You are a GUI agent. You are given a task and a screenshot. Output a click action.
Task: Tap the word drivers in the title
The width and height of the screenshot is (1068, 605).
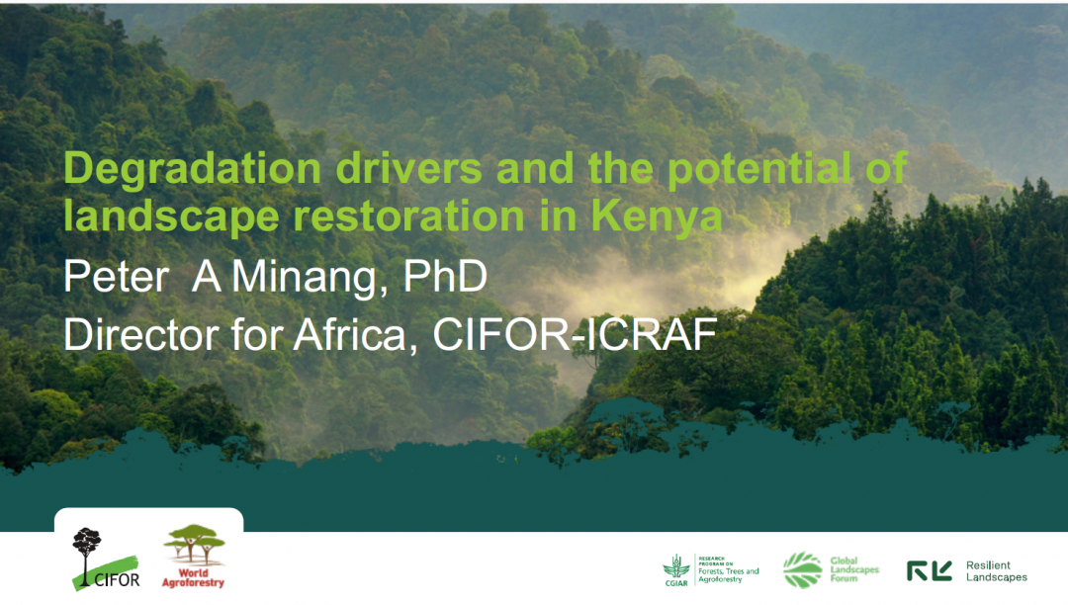[408, 168]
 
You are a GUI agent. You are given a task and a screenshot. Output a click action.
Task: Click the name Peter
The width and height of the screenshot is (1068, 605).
[116, 277]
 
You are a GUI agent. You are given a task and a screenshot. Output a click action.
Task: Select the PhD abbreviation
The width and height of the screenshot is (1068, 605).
[445, 276]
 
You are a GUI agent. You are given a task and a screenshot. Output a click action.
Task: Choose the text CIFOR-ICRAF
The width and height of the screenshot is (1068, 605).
[575, 335]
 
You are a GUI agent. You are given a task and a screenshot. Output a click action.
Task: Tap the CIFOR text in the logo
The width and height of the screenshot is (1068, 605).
[117, 580]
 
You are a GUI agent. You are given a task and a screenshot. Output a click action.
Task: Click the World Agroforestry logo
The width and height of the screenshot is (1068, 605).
[194, 556]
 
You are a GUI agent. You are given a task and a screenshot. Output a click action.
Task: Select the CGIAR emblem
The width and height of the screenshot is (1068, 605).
[675, 570]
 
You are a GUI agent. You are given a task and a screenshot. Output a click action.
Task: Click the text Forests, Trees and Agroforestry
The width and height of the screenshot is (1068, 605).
[728, 575]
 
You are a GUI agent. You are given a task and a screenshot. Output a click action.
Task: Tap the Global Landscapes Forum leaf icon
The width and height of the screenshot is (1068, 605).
[802, 569]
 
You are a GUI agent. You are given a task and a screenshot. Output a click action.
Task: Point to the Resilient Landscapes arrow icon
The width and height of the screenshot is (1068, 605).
[929, 571]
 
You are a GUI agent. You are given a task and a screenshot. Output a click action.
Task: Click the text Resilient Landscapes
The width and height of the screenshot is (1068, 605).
[997, 571]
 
